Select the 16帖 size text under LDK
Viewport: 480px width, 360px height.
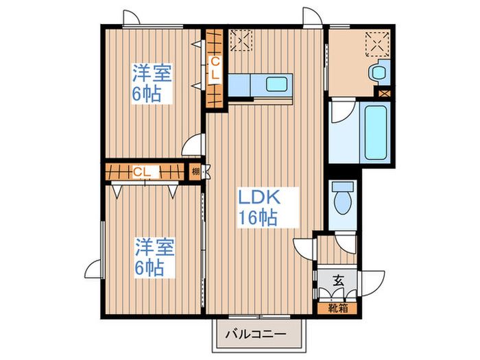258,219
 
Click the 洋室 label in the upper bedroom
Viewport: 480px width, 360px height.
152,73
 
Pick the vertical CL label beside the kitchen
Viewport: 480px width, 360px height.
214,69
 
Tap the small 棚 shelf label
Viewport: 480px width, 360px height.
196,171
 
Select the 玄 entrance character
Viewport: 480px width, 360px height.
337,280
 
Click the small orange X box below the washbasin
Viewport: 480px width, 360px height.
383,91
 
